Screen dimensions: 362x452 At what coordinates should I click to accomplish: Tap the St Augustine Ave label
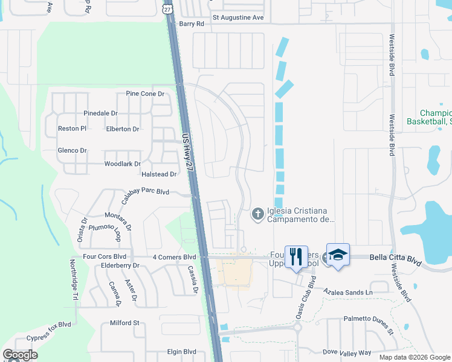[x=238, y=17]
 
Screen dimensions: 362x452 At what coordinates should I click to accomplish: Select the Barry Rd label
[x=192, y=24]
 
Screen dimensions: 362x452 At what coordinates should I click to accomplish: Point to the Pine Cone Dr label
[x=145, y=94]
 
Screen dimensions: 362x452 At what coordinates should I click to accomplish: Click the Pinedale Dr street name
[x=100, y=113]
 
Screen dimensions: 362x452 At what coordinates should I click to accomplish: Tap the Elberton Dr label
[x=123, y=129]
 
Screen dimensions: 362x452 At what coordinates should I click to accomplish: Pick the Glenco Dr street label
[x=72, y=151]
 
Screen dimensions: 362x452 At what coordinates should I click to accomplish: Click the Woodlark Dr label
[x=123, y=164]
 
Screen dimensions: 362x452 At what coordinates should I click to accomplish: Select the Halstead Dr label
[x=158, y=174]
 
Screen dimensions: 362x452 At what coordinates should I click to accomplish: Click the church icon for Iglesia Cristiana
[x=257, y=214]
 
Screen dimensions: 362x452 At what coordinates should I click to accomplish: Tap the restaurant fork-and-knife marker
[x=295, y=256]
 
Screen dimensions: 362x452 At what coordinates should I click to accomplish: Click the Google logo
[x=21, y=355]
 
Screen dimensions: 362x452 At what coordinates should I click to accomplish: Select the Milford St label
[x=124, y=323]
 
